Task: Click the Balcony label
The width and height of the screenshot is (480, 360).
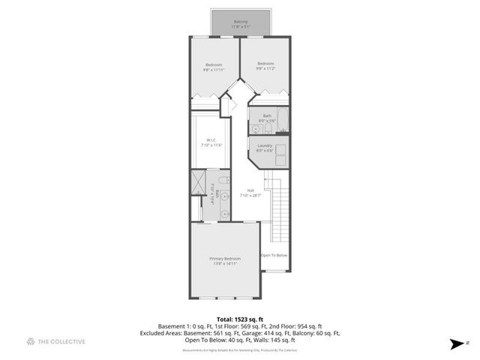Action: pos(241,24)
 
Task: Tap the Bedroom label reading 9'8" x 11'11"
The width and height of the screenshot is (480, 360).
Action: pos(214,67)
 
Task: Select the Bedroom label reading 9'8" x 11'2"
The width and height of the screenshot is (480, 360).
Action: pos(265,66)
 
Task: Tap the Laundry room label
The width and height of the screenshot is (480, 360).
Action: pos(264,148)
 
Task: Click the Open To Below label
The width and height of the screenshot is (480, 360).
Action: pos(274,256)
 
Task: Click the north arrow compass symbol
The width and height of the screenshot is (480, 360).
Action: pos(457,344)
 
